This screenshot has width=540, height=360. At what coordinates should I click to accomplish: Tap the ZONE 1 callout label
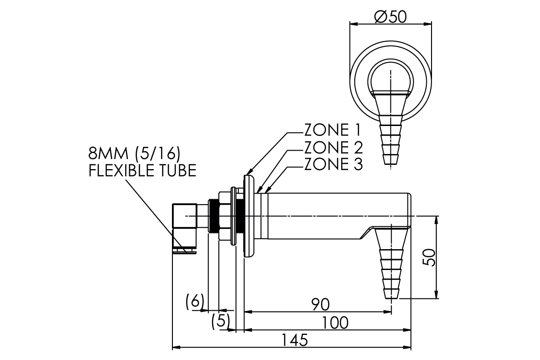(333, 130)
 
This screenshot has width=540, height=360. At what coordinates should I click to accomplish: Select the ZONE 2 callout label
(333, 147)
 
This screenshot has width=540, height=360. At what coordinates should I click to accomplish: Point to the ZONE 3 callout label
(333, 164)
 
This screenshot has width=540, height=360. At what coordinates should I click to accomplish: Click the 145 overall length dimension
(295, 341)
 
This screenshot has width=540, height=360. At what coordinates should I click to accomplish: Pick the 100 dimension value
(335, 323)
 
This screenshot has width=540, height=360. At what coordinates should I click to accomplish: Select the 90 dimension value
(321, 304)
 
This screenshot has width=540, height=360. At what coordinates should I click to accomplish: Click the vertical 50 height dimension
(430, 257)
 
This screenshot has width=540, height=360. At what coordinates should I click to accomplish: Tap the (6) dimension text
(195, 301)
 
